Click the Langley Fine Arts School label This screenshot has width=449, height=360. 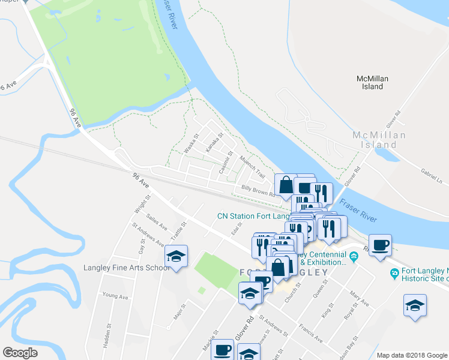(x=128, y=268)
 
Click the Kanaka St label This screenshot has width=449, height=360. (x=212, y=142)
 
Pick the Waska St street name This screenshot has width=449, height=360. (x=191, y=144)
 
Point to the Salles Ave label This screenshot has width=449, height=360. (x=158, y=224)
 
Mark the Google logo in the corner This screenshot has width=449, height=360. (x=20, y=353)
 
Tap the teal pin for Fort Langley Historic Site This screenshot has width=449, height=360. (x=394, y=275)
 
